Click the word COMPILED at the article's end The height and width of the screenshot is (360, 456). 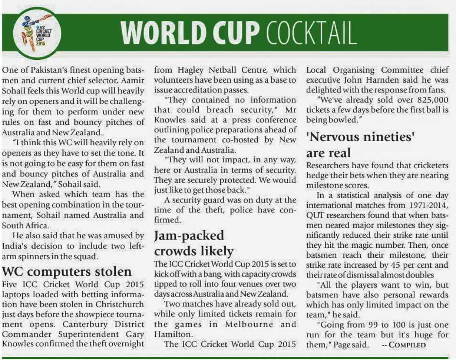pyautogui.click(x=408, y=345)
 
